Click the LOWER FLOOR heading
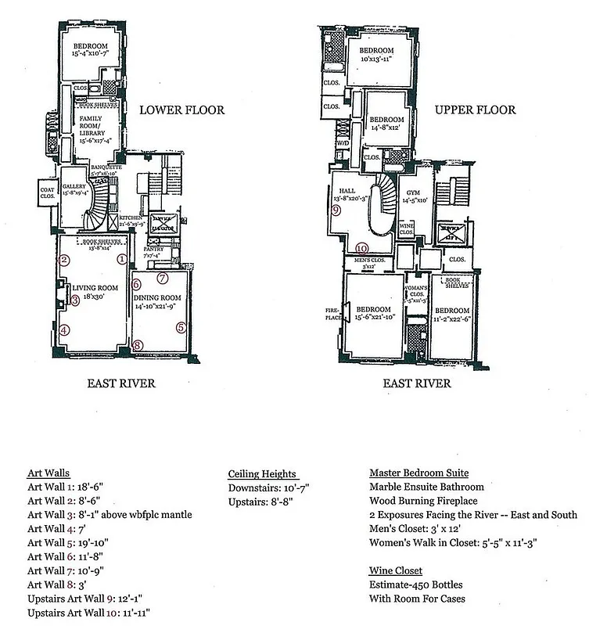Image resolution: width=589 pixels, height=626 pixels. coord(181,110)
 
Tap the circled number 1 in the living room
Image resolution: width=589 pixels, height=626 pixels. coord(122,259)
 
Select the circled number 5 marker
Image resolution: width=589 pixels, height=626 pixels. coord(181,328)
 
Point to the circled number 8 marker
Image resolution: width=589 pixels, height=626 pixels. coord(138,345)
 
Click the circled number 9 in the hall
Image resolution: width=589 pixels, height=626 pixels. coord(336,210)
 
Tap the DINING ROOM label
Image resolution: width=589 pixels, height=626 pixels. coord(157,297)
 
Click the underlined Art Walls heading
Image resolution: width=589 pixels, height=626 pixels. coord(48,473)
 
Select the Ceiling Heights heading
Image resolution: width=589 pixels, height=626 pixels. coord(262,473)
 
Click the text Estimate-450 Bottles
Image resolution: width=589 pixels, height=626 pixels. coord(417,585)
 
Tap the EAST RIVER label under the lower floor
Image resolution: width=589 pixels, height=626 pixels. coord(121,383)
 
